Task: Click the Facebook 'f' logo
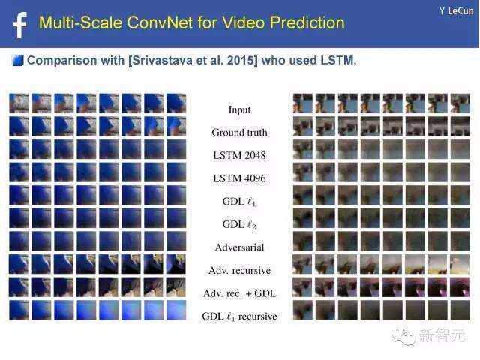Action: coord(20,25)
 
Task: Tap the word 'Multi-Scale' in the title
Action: coord(80,22)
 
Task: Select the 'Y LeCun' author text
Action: coord(456,11)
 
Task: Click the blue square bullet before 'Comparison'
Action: coord(18,60)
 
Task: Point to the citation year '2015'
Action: coord(241,60)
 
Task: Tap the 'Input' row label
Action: coord(240,109)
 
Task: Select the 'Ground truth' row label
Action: coord(240,133)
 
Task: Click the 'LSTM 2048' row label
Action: coord(240,155)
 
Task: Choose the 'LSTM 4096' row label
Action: coord(240,178)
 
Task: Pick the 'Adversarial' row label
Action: coord(240,247)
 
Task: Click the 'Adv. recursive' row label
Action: coord(240,270)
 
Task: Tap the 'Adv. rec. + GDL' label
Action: coord(240,293)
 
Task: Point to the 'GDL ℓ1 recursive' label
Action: coord(240,316)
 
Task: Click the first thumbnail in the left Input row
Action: coord(19,103)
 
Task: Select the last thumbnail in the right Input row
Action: coord(460,103)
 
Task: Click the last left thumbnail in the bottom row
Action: coord(176,310)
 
